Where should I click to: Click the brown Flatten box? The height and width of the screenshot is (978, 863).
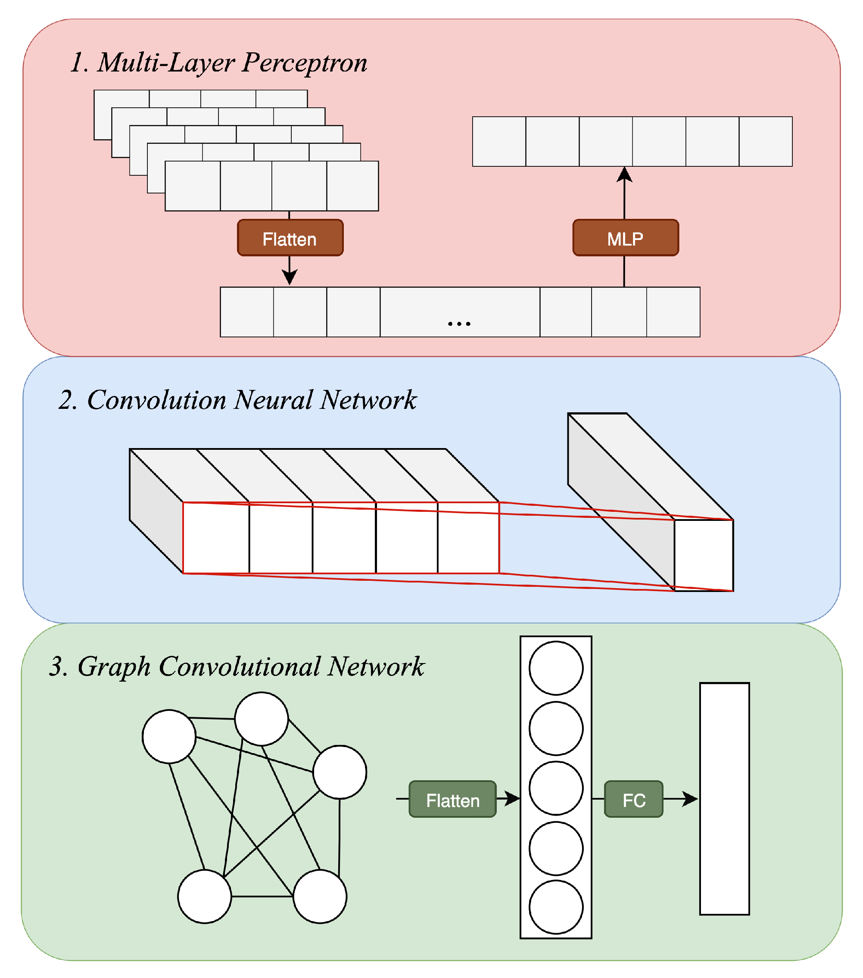(290, 238)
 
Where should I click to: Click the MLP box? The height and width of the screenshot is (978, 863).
(625, 238)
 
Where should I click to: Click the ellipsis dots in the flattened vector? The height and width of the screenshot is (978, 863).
(459, 324)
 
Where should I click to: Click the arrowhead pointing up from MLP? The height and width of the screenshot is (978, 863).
(624, 174)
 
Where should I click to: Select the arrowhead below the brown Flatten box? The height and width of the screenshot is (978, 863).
(290, 277)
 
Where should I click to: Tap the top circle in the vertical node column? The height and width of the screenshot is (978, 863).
(556, 668)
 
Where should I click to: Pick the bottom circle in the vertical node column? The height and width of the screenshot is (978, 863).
(556, 907)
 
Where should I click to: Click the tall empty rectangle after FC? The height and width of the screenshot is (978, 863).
(724, 799)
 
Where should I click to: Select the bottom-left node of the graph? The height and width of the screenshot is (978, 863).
(204, 897)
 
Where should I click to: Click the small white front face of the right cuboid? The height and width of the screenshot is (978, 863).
(704, 555)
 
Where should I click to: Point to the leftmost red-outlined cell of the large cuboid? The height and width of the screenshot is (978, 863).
(216, 537)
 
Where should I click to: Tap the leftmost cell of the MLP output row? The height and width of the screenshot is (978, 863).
(499, 142)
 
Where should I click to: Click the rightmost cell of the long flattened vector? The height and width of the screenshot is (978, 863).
(673, 312)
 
